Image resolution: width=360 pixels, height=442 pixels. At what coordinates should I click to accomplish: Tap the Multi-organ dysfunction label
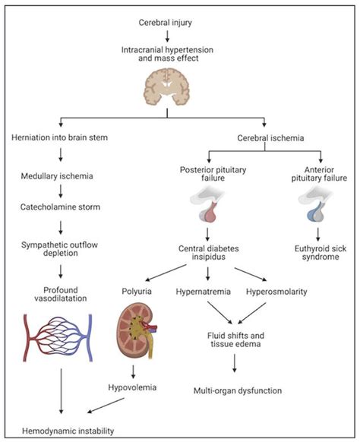click(x=237, y=391)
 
